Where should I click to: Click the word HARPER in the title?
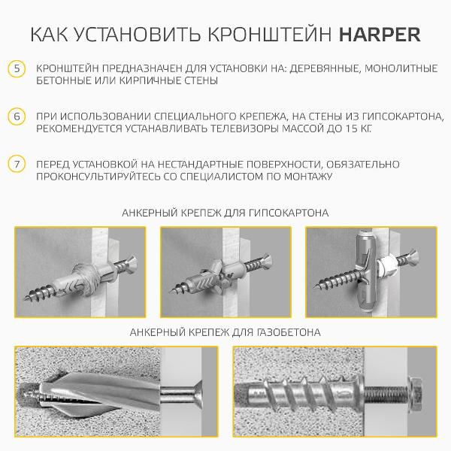pos(380,35)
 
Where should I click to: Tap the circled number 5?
pos(17,68)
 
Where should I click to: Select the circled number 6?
pos(17,117)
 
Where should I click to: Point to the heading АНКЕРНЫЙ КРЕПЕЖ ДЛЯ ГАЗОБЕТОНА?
pos(225,331)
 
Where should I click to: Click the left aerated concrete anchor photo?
pos(117,393)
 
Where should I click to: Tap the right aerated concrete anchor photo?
pos(334,393)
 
